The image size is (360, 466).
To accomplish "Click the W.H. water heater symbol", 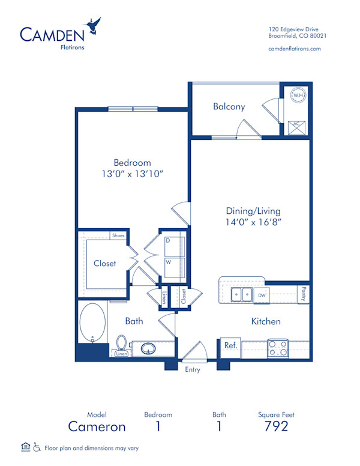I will click(298, 95).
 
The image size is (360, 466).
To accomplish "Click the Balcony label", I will click(229, 107).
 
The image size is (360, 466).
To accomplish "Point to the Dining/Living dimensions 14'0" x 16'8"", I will click(253, 222).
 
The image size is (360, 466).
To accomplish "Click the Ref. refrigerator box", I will click(231, 346).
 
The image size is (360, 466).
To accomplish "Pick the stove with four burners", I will click(278, 348).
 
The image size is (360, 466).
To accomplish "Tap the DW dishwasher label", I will click(262, 295).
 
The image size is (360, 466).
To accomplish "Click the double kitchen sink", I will click(241, 294).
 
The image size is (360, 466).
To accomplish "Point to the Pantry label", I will click(304, 294).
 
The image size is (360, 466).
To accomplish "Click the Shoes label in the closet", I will click(118, 235).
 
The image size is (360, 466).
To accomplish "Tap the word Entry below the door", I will click(193, 370).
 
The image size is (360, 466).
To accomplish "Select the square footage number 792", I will click(276, 426).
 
